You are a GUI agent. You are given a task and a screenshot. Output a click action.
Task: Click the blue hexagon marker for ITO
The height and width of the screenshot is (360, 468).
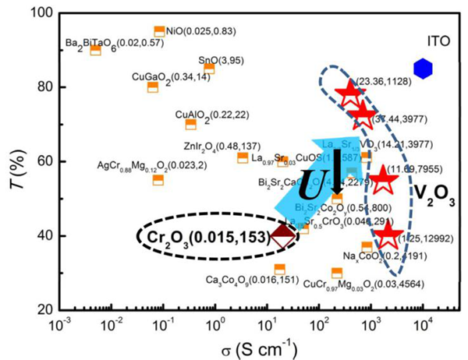pos(423,69)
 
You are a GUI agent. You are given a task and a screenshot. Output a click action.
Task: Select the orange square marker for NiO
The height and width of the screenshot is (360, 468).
pos(160,31)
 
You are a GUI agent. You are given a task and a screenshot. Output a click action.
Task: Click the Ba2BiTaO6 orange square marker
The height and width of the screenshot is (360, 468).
pos(95,50)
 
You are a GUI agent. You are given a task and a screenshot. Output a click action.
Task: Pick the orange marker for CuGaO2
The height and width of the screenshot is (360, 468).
pos(153,86)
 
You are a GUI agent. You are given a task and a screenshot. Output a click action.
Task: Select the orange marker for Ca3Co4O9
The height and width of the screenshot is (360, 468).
pos(279,269)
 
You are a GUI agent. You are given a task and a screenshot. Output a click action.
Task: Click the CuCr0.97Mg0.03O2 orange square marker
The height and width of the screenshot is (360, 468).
pos(337,273)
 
